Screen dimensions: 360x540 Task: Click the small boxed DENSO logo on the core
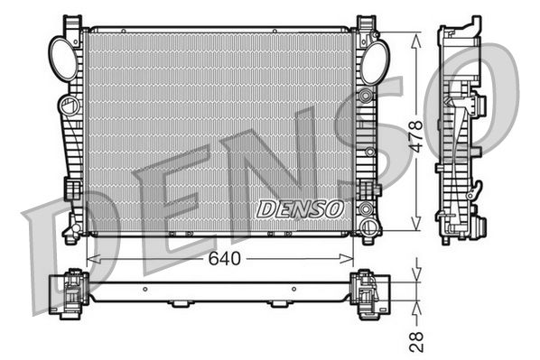point(301,208)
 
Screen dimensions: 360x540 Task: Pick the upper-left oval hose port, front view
point(63,59)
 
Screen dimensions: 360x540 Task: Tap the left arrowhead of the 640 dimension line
point(90,259)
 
